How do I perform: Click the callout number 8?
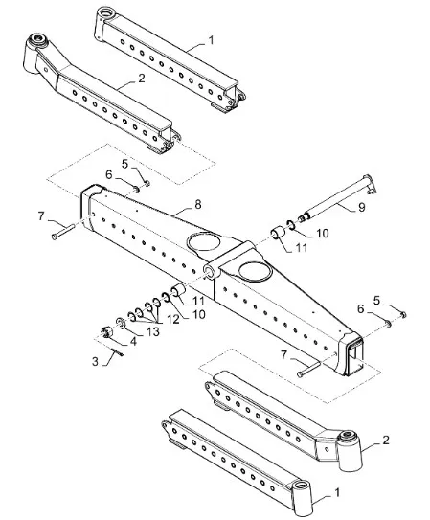point(198,205)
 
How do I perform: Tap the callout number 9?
point(362,207)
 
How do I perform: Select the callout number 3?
point(95,361)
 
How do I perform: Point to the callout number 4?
point(133,341)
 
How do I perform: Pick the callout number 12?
point(173,319)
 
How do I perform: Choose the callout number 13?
point(153,331)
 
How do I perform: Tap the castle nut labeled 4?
point(106,332)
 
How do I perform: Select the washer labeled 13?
point(120,324)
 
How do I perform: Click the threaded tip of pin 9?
point(303,218)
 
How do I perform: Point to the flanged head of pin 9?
point(371,184)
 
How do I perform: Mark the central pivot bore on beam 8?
point(212,272)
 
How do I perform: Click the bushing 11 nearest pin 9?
point(278,233)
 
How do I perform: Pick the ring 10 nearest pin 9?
point(290,225)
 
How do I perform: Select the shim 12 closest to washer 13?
point(131,316)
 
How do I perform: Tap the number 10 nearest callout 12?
point(198,314)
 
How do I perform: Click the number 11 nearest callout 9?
point(301,247)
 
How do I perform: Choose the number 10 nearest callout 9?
point(322,233)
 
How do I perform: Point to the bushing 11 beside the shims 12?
point(178,290)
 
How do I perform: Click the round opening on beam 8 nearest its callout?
point(203,241)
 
